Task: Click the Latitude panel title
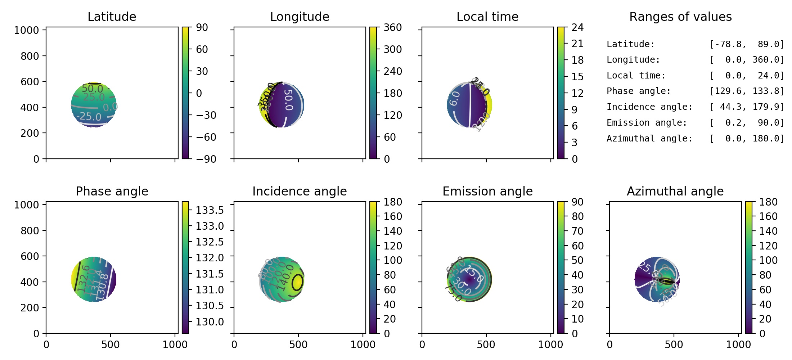click(x=112, y=17)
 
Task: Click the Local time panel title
click(x=487, y=17)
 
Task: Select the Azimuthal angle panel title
click(x=675, y=191)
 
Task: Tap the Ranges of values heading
click(x=680, y=17)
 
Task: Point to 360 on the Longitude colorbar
click(x=392, y=27)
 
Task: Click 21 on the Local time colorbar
click(x=577, y=44)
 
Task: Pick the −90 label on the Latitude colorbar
click(x=206, y=159)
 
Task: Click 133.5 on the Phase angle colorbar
click(x=210, y=210)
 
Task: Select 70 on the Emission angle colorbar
click(x=577, y=231)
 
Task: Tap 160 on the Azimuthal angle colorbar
click(x=768, y=216)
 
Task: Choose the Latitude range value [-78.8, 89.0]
click(x=747, y=44)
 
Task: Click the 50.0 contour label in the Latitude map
click(x=92, y=88)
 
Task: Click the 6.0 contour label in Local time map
click(x=454, y=98)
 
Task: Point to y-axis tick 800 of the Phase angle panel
click(x=30, y=230)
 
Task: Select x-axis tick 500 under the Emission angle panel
click(x=486, y=345)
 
